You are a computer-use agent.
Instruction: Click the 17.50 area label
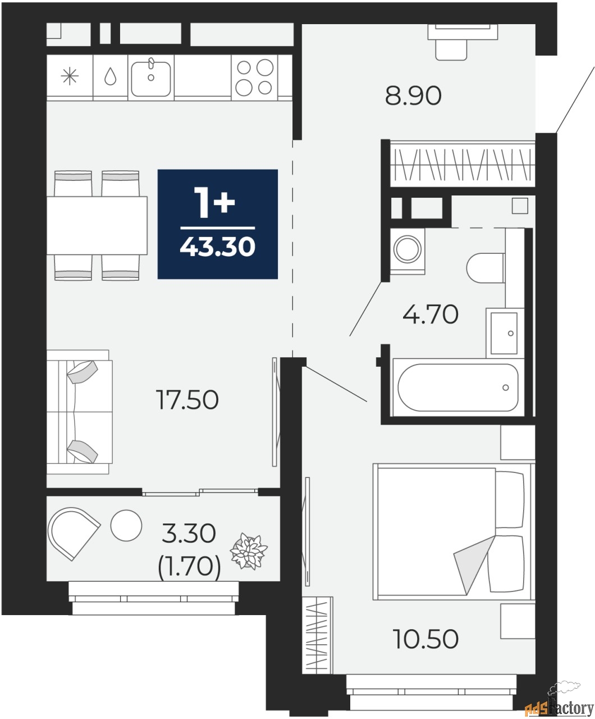tap(187, 400)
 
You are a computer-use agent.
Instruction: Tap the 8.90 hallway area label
tap(413, 95)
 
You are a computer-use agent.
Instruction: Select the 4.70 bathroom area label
tap(431, 314)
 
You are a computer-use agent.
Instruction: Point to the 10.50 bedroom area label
tap(426, 639)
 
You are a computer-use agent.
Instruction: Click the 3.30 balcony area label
tap(189, 533)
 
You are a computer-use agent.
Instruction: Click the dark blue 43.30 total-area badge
tap(217, 224)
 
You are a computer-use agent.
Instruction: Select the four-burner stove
tap(254, 78)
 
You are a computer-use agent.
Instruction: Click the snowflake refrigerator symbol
tap(70, 77)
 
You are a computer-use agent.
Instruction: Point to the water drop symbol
tap(110, 77)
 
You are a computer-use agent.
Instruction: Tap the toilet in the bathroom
tap(486, 267)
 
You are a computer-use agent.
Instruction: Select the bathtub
tap(457, 388)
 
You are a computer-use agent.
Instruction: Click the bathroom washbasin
tap(504, 333)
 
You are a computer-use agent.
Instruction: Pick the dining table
tap(97, 225)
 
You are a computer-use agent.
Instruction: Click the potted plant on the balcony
tap(249, 551)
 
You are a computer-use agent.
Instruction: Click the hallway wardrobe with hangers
tap(462, 163)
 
